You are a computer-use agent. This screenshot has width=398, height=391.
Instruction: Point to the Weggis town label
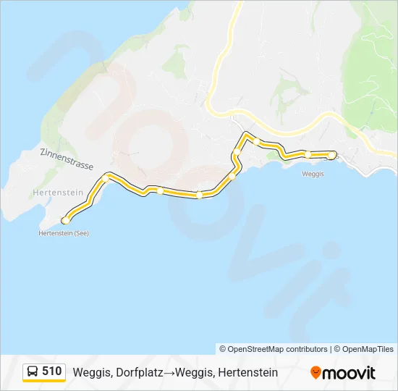pyautogui.click(x=313, y=174)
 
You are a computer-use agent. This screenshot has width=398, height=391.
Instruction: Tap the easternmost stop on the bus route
pyautogui.click(x=331, y=154)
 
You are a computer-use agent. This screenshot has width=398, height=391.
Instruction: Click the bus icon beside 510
pyautogui.click(x=33, y=371)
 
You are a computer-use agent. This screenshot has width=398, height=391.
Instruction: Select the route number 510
pyautogui.click(x=52, y=371)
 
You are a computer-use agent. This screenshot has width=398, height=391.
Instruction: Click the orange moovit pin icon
pyautogui.click(x=316, y=373)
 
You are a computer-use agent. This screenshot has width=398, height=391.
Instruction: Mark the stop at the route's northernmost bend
pyautogui.click(x=256, y=141)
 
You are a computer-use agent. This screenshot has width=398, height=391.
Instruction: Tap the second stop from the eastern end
pyautogui.click(x=308, y=154)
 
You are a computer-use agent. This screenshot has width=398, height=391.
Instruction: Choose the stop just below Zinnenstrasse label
pyautogui.click(x=106, y=177)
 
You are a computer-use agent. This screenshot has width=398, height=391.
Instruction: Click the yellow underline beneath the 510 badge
pyautogui.click(x=44, y=381)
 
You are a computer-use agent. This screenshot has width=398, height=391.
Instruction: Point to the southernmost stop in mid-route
pyautogui.click(x=198, y=195)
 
